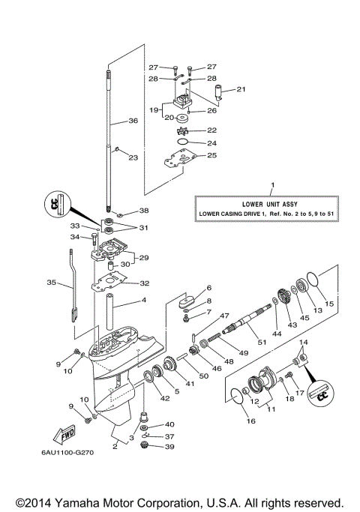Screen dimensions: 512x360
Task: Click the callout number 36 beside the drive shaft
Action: coord(132,121)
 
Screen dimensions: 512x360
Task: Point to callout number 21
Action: coord(241,89)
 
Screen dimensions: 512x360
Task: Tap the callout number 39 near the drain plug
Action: coord(169,447)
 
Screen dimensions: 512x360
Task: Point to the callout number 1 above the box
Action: coord(272,184)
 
